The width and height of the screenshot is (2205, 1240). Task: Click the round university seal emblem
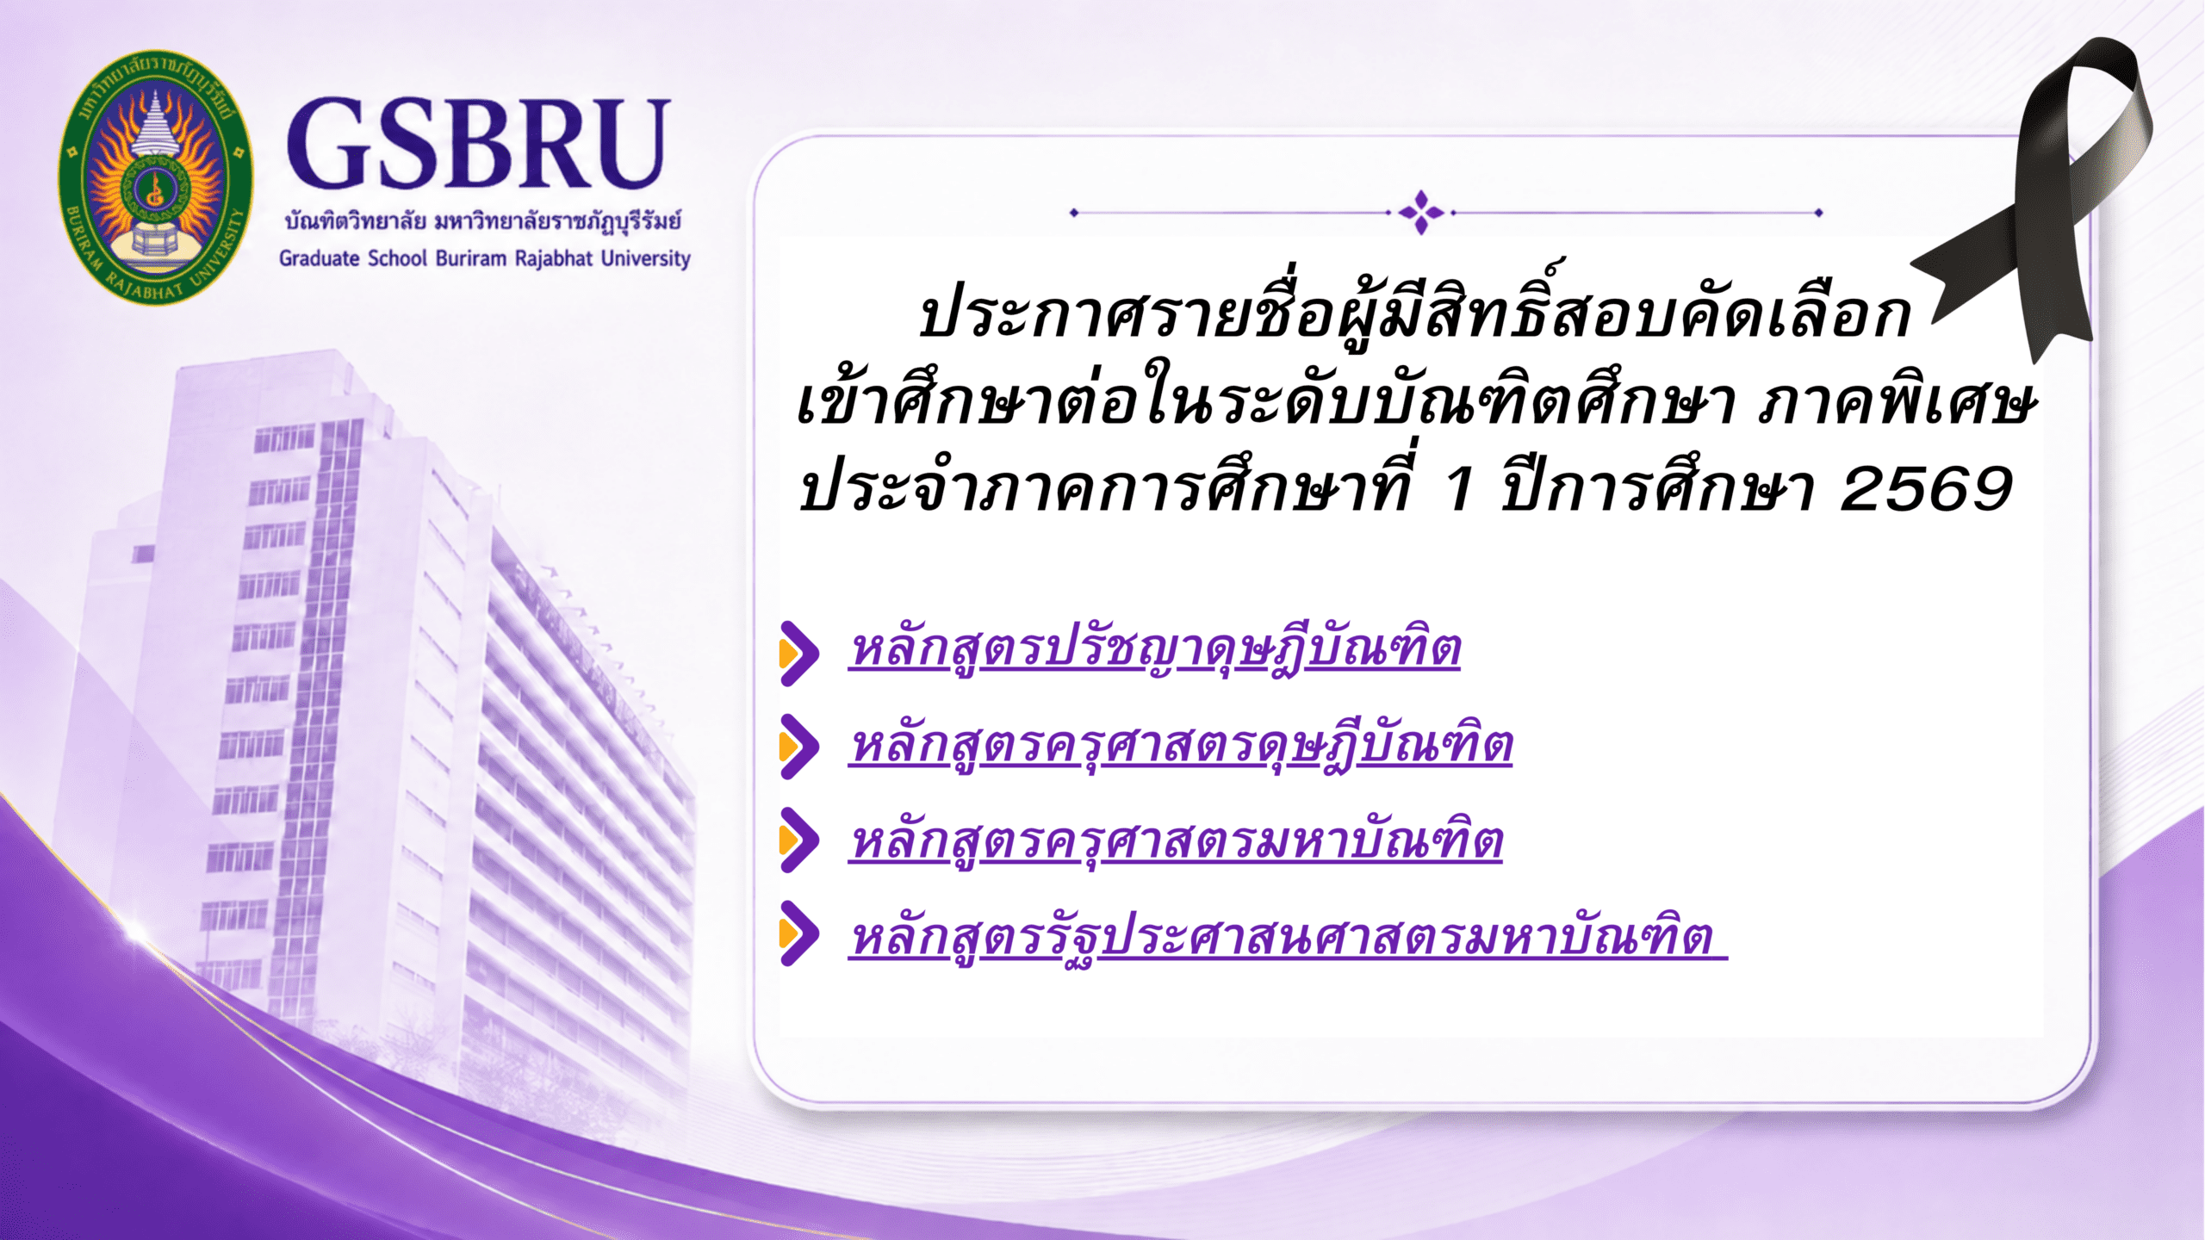(156, 177)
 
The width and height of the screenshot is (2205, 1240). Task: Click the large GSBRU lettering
(478, 143)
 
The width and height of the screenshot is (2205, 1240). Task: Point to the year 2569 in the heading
(1926, 488)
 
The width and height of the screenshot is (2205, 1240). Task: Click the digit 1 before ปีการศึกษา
(1459, 488)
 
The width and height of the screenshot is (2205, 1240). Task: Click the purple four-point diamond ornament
(1421, 212)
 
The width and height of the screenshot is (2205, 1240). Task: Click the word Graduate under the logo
(319, 258)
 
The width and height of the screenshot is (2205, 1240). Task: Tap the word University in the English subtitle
(646, 259)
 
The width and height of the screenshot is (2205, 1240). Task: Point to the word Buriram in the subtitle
(470, 258)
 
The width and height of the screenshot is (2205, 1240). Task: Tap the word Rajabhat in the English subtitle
(554, 258)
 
